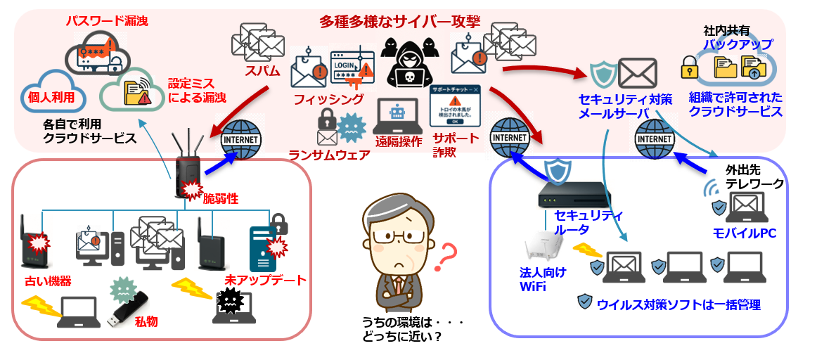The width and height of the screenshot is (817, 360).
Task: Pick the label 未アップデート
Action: (x=266, y=280)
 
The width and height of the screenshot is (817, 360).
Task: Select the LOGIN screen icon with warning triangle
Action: (x=351, y=65)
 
